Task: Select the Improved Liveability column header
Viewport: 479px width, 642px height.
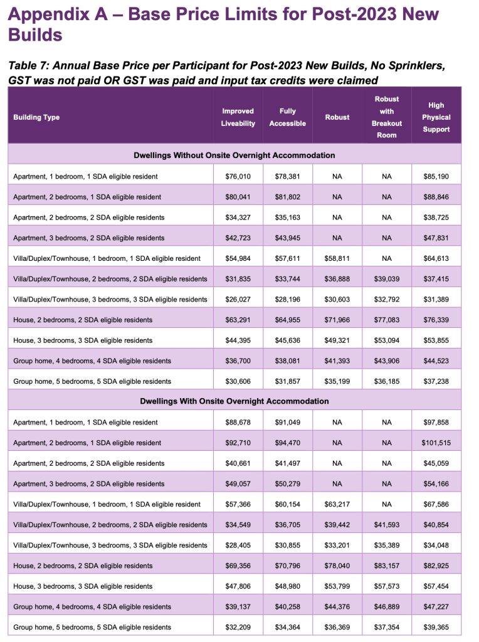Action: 238,117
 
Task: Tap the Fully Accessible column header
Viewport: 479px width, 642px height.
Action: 287,117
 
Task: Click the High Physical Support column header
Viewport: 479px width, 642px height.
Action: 436,117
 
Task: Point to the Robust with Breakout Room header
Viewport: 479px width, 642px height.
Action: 386,117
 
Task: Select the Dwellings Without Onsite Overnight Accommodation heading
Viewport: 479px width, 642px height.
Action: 234,155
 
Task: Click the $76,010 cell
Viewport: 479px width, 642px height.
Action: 238,177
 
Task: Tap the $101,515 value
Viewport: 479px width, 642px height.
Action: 436,443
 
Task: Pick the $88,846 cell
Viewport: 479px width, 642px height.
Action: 436,197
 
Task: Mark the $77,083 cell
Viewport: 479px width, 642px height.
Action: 386,320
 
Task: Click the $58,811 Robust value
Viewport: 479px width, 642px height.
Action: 337,258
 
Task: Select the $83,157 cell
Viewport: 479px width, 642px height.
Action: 386,566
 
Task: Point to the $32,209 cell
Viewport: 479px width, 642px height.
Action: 238,627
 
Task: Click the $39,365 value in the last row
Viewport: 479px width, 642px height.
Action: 436,627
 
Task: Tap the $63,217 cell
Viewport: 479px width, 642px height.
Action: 337,504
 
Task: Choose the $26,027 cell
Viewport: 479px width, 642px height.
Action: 238,299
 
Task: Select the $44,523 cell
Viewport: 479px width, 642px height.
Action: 436,360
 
